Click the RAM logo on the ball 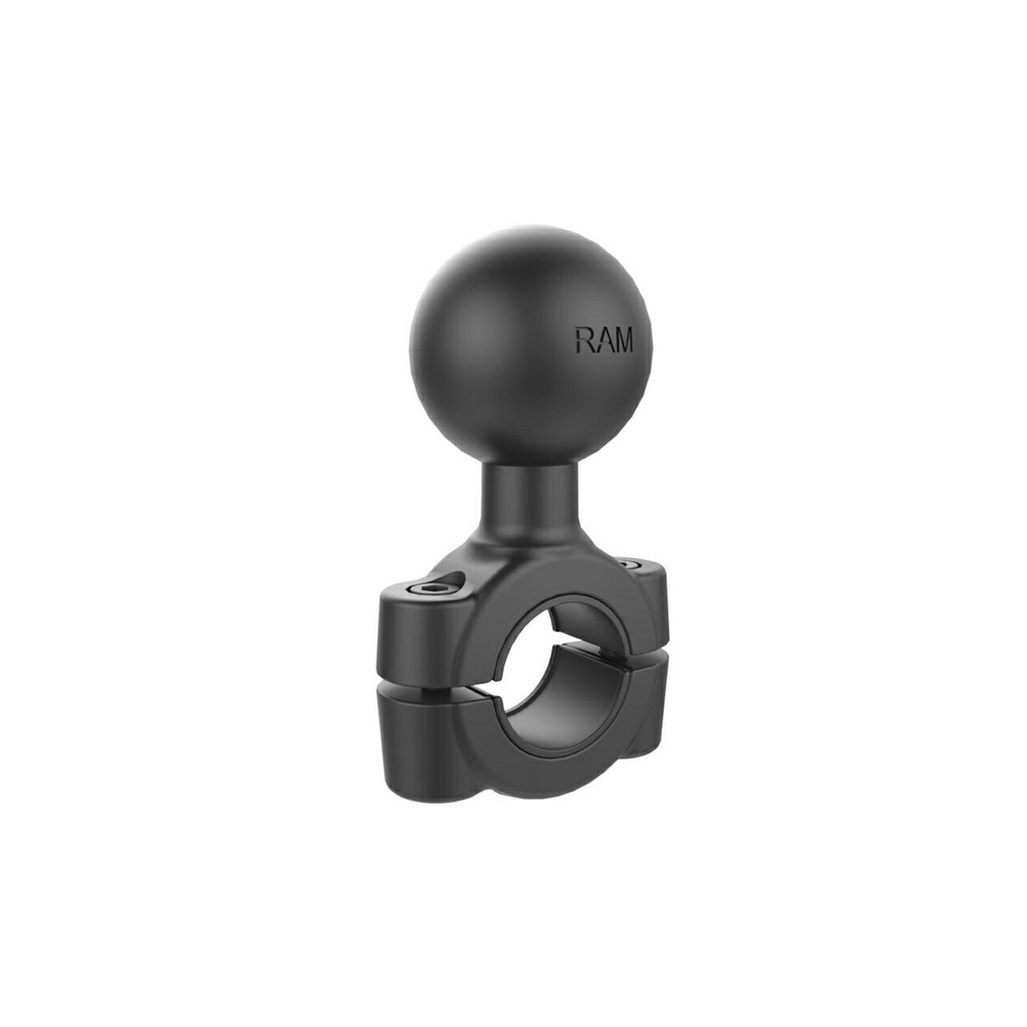tap(604, 340)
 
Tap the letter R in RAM tap(583, 339)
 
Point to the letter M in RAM tap(622, 341)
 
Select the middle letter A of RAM tap(601, 340)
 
